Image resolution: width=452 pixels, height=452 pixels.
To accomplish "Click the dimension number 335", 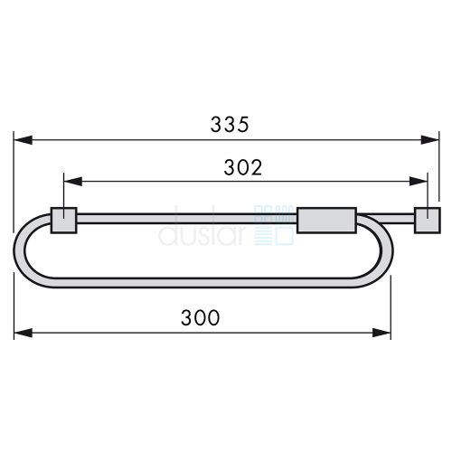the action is point(230,125).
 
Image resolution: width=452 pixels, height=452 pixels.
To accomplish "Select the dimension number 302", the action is point(243,167).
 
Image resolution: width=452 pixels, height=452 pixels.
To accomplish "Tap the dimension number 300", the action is point(200,317).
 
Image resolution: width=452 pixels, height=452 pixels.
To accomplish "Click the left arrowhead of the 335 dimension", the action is point(24,140).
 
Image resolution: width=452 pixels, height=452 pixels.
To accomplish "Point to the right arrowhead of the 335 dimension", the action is point(429,140).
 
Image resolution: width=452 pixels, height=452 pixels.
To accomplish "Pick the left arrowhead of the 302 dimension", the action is point(73,182).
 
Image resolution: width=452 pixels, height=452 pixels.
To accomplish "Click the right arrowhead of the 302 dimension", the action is point(419,182).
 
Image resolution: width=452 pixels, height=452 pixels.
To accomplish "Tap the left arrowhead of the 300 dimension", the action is point(24,333).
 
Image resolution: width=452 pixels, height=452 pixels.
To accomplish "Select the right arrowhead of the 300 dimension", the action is point(381,333).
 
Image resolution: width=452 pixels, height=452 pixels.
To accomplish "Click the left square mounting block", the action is point(63,221).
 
